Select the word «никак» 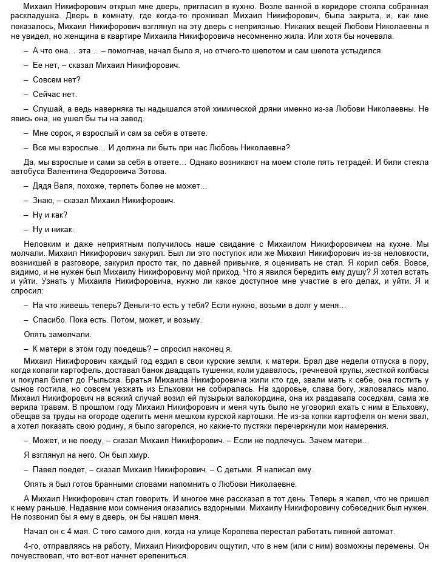[62, 230]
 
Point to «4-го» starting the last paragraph [32, 546]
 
